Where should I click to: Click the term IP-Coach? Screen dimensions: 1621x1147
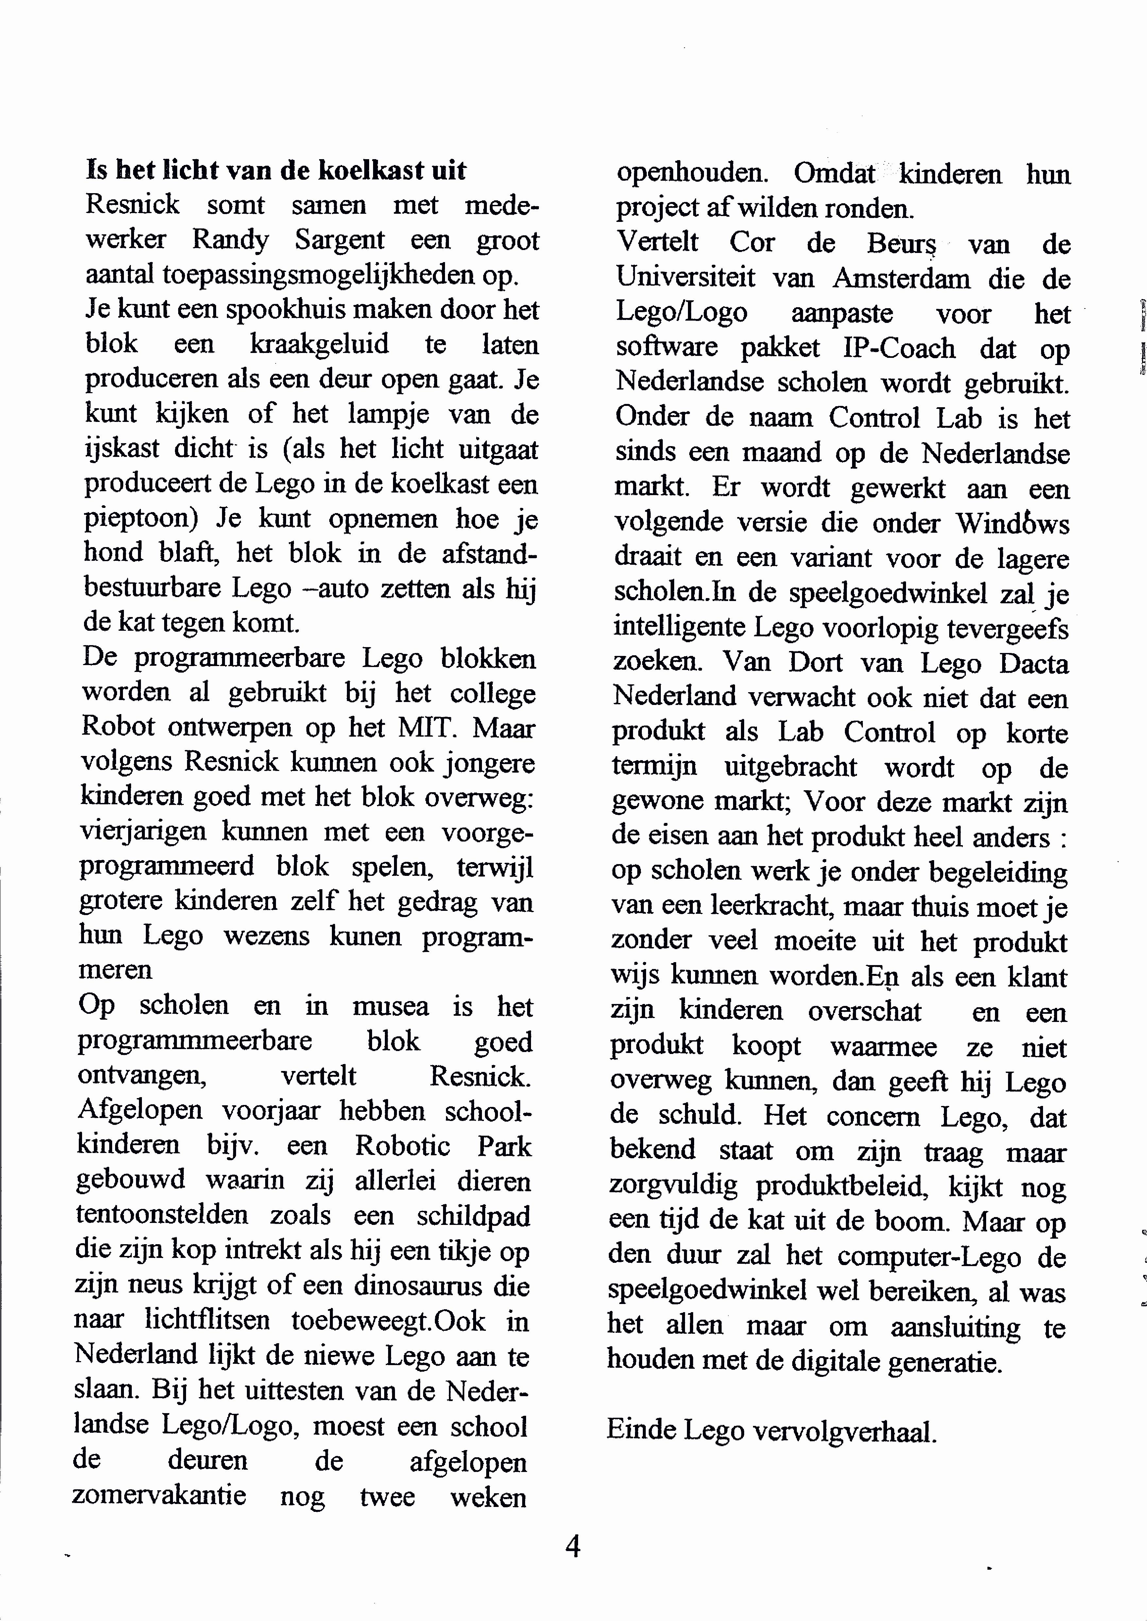[x=899, y=348]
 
